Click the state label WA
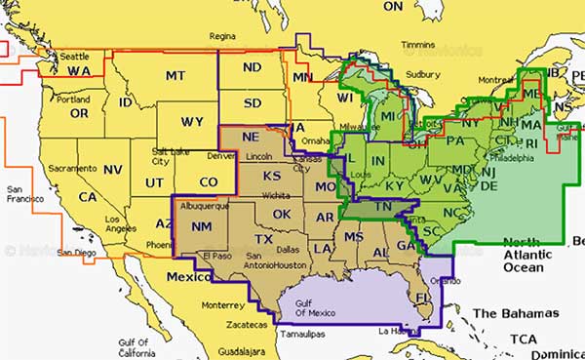tap(79, 71)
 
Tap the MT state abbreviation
tap(175, 75)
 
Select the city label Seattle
tap(75, 56)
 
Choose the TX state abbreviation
tap(263, 239)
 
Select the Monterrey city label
tap(233, 304)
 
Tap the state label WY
tap(193, 122)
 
